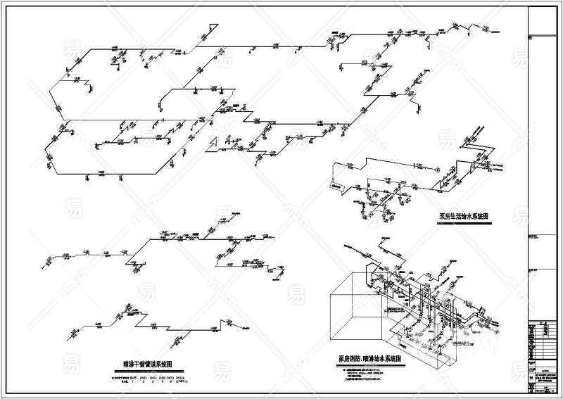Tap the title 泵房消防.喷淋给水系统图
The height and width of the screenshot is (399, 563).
(x=369, y=359)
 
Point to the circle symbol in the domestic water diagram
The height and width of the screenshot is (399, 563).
(x=437, y=169)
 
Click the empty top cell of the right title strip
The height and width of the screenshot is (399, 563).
(x=544, y=21)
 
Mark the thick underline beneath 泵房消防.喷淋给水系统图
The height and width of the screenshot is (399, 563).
(x=369, y=365)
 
